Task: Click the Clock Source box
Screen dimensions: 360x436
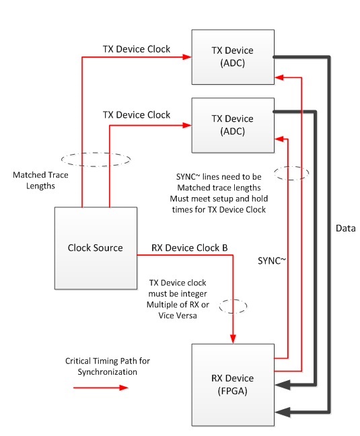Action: [x=96, y=248]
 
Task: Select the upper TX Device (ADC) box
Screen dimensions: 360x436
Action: [x=233, y=57]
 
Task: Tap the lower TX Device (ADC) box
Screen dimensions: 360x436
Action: [x=233, y=125]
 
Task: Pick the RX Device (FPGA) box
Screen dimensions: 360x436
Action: [x=233, y=385]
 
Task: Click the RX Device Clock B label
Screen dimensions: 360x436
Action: [x=189, y=248]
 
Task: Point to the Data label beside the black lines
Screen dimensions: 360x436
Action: [x=346, y=228]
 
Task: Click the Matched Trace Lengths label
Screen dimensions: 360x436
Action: [x=40, y=180]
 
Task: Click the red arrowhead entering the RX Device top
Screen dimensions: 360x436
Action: [x=233, y=339]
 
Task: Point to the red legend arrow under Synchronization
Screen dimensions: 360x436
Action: [x=101, y=388]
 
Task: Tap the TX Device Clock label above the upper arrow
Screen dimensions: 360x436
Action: [x=137, y=49]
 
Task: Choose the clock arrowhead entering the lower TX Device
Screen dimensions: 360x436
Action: [x=187, y=125]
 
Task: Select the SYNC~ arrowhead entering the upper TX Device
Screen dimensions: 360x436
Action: [x=279, y=77]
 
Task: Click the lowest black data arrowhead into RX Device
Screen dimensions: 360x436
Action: [x=282, y=412]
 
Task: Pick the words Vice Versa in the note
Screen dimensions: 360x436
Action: [x=178, y=316]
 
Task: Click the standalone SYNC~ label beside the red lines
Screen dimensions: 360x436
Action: [x=272, y=260]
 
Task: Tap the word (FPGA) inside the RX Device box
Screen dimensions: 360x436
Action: [x=232, y=391]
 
